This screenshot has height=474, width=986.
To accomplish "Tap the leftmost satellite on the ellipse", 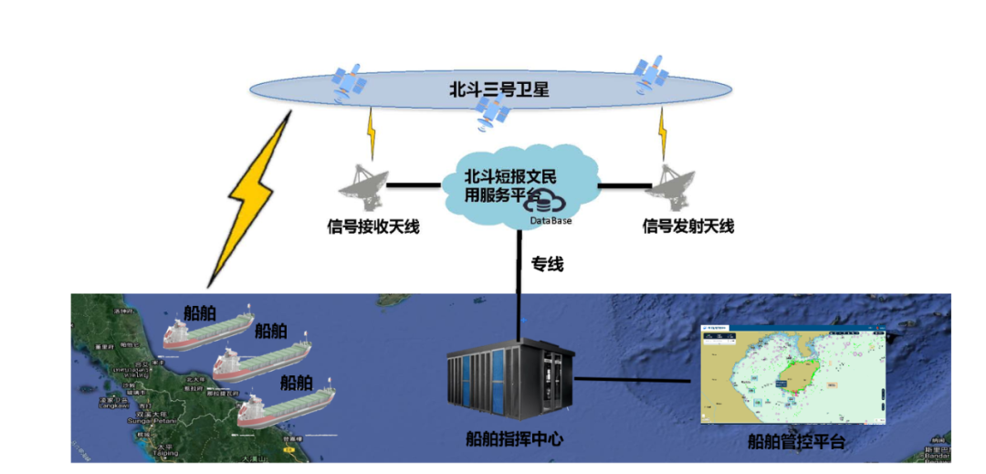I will click(349, 83).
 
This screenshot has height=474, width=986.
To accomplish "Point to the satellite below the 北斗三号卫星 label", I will click(492, 113).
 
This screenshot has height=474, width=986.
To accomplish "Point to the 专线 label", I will click(548, 265).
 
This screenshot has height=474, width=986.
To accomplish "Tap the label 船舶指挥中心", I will click(514, 439).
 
